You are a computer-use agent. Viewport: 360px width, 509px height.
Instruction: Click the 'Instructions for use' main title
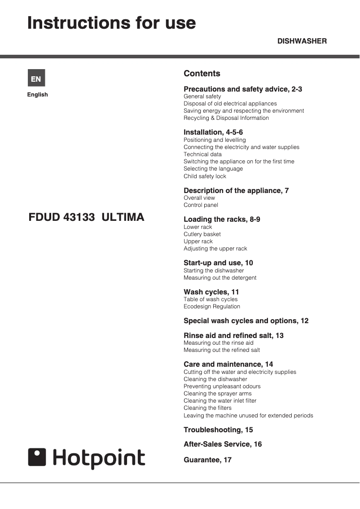111,22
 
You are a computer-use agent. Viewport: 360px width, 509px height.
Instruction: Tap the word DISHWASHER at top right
302,41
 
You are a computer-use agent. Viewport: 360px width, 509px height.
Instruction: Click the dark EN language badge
36,79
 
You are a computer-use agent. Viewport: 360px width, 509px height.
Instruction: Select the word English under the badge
37,95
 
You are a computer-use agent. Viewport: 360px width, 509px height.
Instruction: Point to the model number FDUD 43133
61,218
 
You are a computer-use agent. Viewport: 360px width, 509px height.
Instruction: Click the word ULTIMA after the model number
123,218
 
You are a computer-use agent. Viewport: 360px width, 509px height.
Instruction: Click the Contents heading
202,74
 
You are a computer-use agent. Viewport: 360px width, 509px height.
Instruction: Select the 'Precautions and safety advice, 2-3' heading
243,89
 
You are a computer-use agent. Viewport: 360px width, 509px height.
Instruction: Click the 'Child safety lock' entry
205,176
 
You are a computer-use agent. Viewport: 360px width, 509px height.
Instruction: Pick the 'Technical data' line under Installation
202,154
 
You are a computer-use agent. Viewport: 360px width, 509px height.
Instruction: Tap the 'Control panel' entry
201,205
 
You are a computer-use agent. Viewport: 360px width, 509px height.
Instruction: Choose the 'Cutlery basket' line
202,234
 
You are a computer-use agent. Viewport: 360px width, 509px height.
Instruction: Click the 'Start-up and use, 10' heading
218,263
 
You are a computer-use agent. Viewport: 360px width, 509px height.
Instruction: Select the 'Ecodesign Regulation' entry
211,307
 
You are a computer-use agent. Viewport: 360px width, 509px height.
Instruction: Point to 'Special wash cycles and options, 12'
246,321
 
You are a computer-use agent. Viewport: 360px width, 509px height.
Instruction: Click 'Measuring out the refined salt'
222,350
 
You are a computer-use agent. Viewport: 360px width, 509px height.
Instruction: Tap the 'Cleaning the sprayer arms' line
218,394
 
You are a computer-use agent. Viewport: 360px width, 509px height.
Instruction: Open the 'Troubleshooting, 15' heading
218,430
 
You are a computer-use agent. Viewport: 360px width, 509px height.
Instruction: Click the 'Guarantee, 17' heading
207,460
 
